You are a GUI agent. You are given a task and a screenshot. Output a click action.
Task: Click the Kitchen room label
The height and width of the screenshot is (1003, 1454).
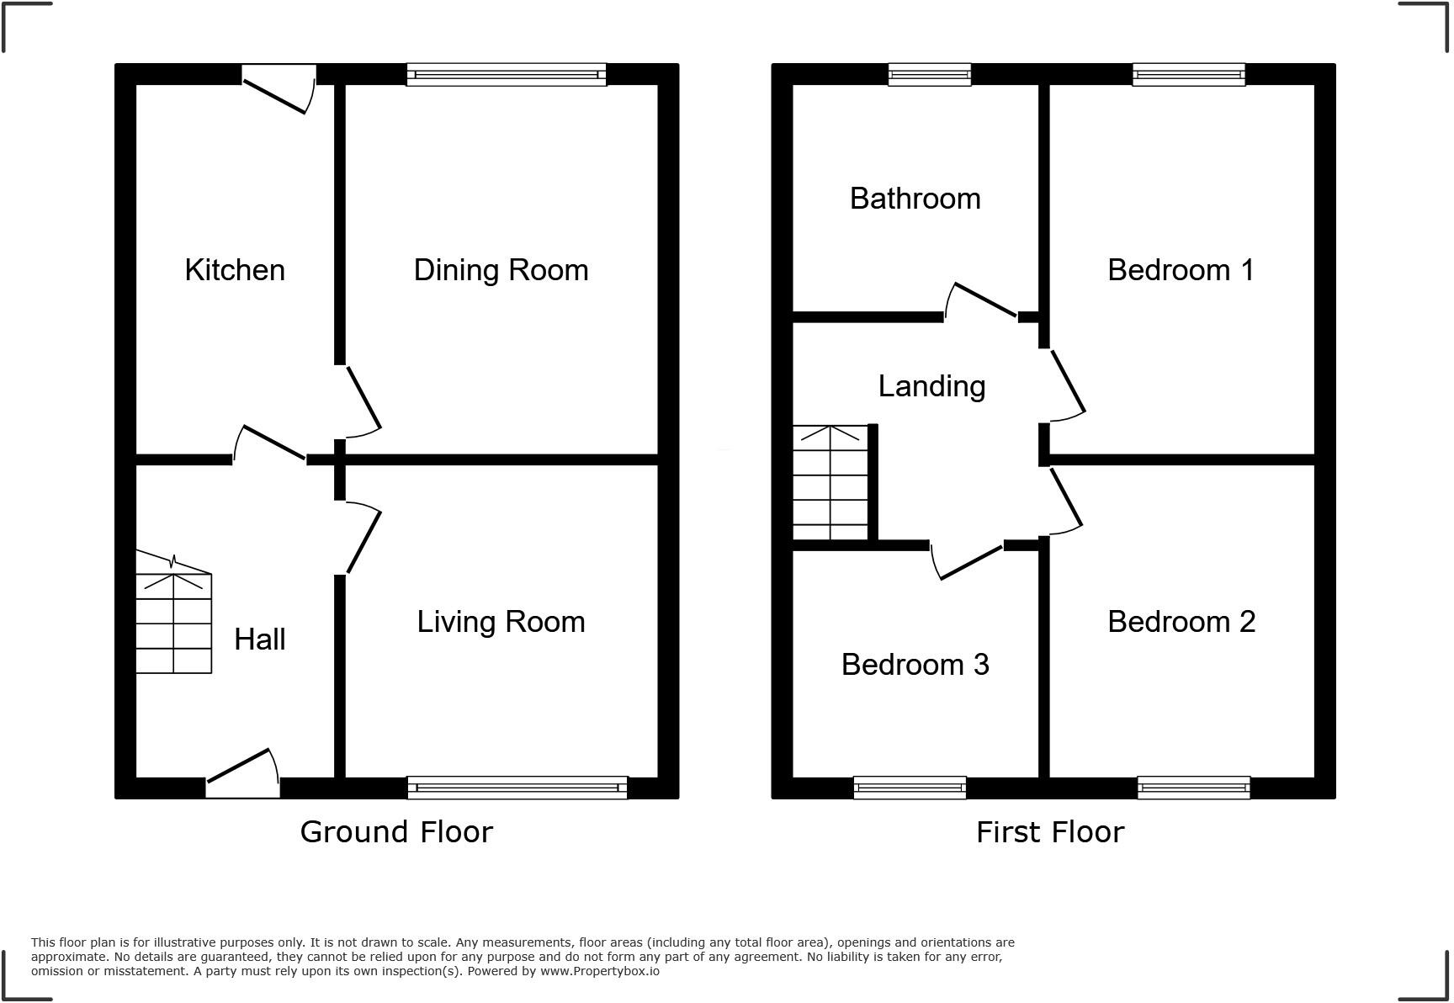pyautogui.click(x=235, y=270)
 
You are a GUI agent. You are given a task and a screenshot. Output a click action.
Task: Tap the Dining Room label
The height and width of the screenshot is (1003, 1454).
pyautogui.click(x=501, y=270)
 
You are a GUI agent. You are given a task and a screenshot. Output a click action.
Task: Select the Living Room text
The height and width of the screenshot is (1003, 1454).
pyautogui.click(x=501, y=622)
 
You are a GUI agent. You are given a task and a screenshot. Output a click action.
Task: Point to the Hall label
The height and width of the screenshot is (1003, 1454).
pyautogui.click(x=259, y=639)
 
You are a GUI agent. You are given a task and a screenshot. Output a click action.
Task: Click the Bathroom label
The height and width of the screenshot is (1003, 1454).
pyautogui.click(x=915, y=199)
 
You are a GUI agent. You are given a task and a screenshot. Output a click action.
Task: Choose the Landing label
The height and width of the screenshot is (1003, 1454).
pyautogui.click(x=931, y=386)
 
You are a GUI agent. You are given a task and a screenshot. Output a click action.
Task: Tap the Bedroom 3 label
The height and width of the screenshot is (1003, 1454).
pyautogui.click(x=915, y=665)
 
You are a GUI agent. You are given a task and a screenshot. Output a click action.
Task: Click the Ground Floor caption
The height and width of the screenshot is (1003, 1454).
pyautogui.click(x=396, y=832)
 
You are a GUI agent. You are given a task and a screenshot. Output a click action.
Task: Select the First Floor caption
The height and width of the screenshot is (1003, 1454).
pyautogui.click(x=1049, y=832)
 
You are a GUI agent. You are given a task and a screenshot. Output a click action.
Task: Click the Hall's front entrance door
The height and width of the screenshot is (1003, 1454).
pyautogui.click(x=243, y=774)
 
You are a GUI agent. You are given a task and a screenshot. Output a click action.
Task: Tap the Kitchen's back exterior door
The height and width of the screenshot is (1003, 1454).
pyautogui.click(x=278, y=91)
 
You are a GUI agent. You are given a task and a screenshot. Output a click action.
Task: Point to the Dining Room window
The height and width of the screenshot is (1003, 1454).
pyautogui.click(x=506, y=75)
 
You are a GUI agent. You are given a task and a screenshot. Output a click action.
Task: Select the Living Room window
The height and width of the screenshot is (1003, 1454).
pyautogui.click(x=517, y=788)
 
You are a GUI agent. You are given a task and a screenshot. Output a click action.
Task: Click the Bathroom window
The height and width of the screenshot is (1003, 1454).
pyautogui.click(x=930, y=75)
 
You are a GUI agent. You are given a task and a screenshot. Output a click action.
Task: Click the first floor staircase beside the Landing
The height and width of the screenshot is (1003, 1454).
pyautogui.click(x=830, y=483)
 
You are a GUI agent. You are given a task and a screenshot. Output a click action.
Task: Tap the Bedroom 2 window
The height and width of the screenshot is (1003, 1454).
pyautogui.click(x=1193, y=788)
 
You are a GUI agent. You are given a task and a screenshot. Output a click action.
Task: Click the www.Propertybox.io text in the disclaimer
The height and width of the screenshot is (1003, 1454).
pyautogui.click(x=599, y=971)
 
